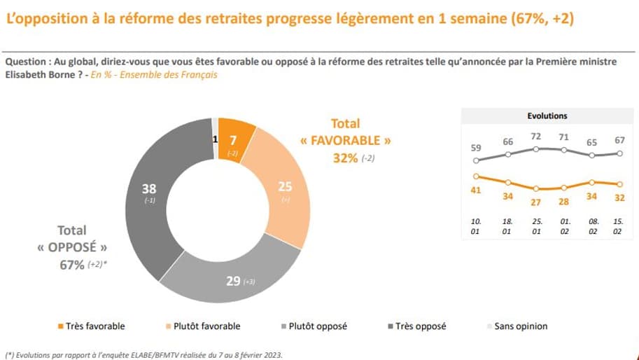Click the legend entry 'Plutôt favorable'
click(208, 326)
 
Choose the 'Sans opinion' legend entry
click(520, 326)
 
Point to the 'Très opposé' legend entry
click(420, 326)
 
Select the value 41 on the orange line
click(476, 190)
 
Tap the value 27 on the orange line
click(535, 202)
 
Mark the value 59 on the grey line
click(476, 148)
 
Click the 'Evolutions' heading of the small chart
click(547, 116)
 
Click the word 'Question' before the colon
click(25, 62)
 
